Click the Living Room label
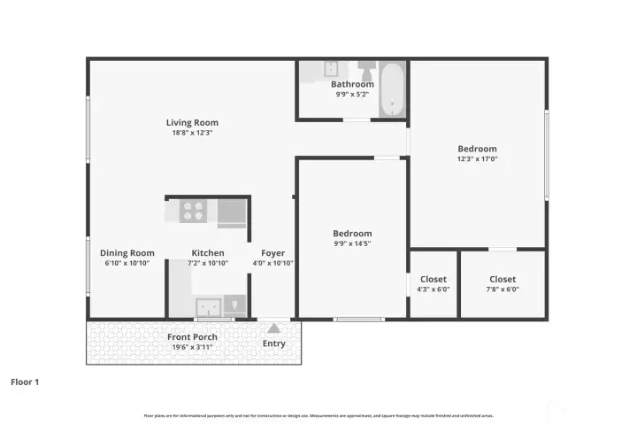point(192,122)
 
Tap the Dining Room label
point(127,252)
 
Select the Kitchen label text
point(208,252)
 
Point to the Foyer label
point(272,252)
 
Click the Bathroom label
point(351,84)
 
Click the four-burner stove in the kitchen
point(193,211)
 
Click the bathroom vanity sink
point(332,69)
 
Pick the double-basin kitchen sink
point(209,307)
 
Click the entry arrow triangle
point(273,328)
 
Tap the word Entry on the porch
point(274,343)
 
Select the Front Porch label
point(192,336)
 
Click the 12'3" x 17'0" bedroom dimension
point(477,159)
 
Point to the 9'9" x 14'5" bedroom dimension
point(352,243)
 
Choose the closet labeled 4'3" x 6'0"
point(434,284)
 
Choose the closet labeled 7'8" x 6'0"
point(503,284)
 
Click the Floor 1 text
point(25,382)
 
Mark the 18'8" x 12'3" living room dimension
point(192,133)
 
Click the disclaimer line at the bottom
point(318,414)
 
